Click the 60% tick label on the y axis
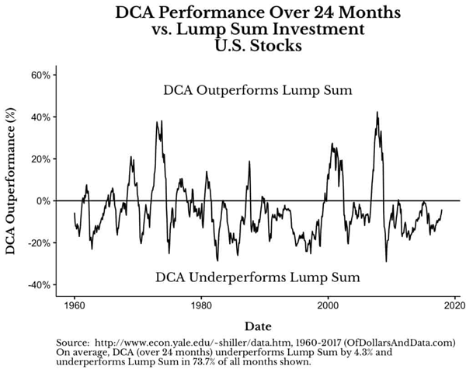tap(40, 75)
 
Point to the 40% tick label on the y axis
tap(40, 117)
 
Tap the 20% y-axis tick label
tap(40, 159)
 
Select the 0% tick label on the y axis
tap(43, 201)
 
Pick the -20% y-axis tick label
tap(39, 243)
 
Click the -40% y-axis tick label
tap(39, 285)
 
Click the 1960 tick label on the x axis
tap(75, 305)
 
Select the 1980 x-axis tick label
tap(201, 305)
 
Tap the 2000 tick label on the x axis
tap(328, 305)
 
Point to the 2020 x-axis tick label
tap(454, 305)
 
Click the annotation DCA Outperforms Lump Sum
tap(259, 91)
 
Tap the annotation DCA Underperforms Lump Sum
tap(258, 277)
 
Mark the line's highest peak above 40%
tap(377, 112)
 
